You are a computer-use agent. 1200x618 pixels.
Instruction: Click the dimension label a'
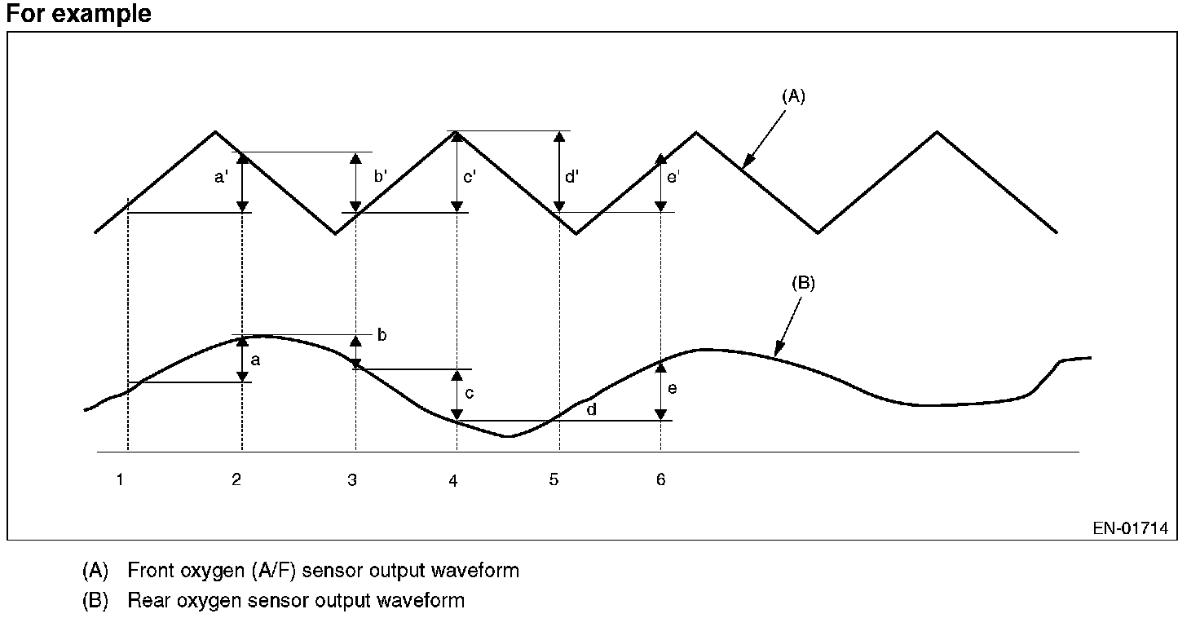click(221, 176)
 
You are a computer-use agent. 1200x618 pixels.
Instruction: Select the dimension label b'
click(380, 176)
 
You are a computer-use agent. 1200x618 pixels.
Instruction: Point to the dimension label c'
click(469, 176)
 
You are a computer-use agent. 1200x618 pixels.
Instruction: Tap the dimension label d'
click(571, 176)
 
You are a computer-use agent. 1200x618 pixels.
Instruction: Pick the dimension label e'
click(673, 176)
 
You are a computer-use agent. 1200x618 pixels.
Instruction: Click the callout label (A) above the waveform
click(793, 96)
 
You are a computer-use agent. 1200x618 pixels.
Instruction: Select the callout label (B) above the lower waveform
click(803, 284)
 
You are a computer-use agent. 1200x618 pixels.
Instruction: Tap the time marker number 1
click(120, 479)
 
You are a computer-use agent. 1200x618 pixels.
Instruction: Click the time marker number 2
click(236, 479)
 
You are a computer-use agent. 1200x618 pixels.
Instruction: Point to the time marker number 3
click(352, 479)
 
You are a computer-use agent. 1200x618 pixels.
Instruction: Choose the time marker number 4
click(453, 480)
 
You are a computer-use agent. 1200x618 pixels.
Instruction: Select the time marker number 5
click(554, 479)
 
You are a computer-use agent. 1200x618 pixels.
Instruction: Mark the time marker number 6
click(660, 479)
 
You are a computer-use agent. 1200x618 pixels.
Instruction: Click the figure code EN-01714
click(1131, 528)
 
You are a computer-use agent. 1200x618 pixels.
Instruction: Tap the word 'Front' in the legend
click(152, 570)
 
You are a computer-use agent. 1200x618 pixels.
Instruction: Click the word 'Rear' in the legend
click(148, 601)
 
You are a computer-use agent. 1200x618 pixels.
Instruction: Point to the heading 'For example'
click(78, 14)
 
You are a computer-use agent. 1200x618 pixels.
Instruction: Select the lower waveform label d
click(592, 409)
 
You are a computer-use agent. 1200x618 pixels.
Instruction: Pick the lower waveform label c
click(470, 393)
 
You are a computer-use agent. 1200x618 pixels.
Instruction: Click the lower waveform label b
click(382, 334)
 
